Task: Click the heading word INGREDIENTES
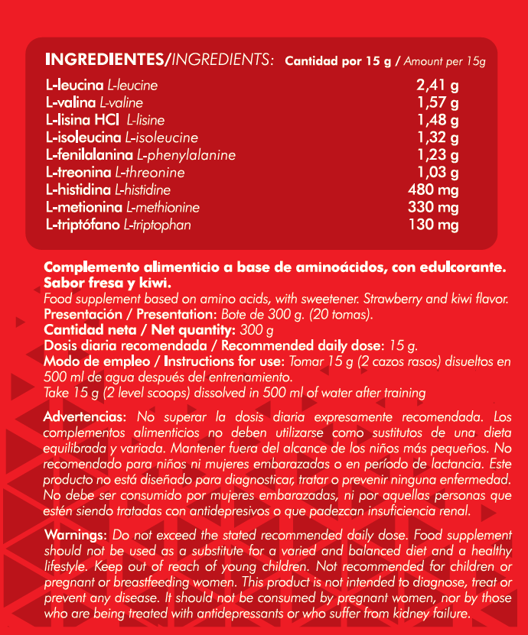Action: (x=105, y=59)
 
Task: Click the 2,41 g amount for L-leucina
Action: (x=438, y=85)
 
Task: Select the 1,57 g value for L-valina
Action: (x=438, y=102)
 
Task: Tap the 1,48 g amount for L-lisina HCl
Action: (x=438, y=120)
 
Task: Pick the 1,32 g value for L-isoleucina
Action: (x=438, y=138)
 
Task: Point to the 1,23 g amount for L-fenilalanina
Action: (x=438, y=155)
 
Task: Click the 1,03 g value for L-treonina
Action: (x=438, y=173)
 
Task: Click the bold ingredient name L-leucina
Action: (x=75, y=85)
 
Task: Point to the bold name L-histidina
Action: (x=78, y=190)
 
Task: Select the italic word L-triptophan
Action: (x=157, y=225)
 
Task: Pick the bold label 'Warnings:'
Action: (x=77, y=533)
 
